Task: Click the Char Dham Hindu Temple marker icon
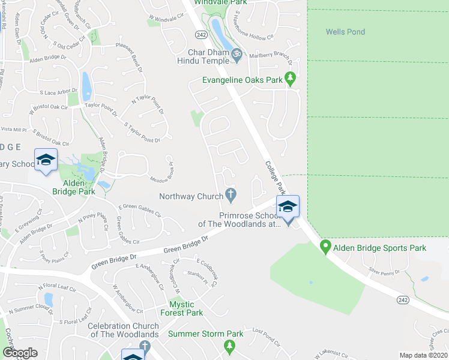tap(237, 55)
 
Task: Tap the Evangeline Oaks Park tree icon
tap(291, 79)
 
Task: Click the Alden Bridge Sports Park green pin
tap(325, 246)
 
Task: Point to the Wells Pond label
tap(345, 32)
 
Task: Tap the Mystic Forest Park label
tap(182, 308)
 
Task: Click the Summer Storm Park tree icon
tap(229, 346)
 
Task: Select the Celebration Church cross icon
tap(144, 346)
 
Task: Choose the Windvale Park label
tap(225, 2)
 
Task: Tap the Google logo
tap(20, 353)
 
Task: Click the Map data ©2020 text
tap(424, 355)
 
